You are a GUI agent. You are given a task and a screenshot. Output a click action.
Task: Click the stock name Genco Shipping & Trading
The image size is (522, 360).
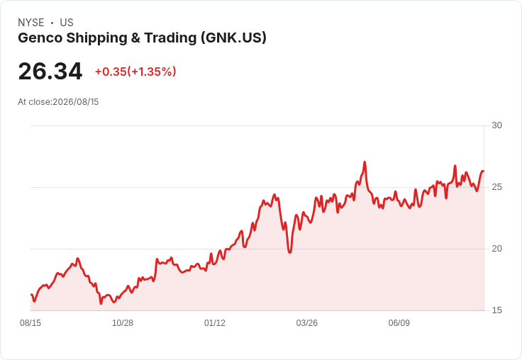107,38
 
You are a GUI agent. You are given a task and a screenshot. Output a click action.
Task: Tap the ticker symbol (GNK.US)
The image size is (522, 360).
233,38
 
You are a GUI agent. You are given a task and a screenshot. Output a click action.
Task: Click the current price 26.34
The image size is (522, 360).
50,71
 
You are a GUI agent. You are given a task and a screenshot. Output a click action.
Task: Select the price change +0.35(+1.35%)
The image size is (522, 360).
135,72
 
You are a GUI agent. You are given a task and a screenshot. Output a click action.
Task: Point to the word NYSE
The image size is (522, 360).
31,23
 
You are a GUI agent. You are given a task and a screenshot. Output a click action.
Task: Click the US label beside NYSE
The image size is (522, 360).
67,23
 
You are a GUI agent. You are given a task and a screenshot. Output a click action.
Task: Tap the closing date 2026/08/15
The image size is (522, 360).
76,102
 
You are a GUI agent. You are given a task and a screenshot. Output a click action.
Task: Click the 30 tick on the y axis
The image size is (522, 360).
496,125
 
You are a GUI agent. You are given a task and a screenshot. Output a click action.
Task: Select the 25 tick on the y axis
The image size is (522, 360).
496,187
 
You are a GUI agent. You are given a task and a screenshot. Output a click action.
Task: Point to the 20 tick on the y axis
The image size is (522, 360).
496,249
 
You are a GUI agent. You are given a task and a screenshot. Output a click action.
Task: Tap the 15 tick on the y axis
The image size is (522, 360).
496,310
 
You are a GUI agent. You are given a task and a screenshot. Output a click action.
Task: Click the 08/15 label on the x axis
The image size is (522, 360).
30,322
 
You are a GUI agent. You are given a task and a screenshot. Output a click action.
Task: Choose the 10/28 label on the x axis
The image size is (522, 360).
123,322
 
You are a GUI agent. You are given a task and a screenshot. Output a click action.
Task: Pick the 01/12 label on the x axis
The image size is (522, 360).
215,322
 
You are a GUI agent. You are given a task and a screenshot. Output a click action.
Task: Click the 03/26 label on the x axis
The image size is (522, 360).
307,322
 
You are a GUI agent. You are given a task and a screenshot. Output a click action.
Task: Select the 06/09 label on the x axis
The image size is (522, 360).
399,322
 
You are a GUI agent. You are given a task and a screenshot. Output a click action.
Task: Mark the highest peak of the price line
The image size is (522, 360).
365,162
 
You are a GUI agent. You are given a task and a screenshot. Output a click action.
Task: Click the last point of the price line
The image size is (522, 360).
484,171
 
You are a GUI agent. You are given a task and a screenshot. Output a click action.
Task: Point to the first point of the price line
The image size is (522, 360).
31,295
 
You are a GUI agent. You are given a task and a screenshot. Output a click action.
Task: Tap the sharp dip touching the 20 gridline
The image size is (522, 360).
289,252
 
